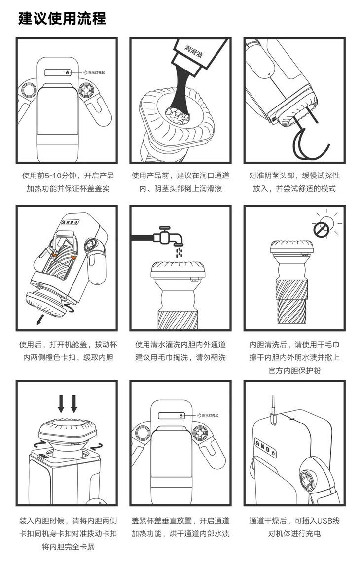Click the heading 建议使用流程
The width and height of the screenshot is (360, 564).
pyautogui.click(x=62, y=18)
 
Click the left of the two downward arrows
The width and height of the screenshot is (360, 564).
pyautogui.click(x=61, y=404)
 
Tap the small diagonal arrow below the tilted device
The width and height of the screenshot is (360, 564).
pyautogui.click(x=41, y=318)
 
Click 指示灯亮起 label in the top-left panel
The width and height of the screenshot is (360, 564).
pyautogui.click(x=97, y=73)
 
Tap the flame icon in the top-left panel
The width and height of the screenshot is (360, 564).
pyautogui.click(x=67, y=72)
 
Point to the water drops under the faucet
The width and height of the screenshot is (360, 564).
pyautogui.click(x=179, y=252)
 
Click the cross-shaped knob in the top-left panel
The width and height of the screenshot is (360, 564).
pyautogui.click(x=87, y=89)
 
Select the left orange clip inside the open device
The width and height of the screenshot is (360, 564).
pyautogui.click(x=53, y=255)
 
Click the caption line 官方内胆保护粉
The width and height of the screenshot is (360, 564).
pyautogui.click(x=294, y=370)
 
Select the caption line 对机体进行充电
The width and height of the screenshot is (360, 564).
pyautogui.click(x=294, y=534)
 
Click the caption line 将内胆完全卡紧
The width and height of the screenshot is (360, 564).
pyautogui.click(x=68, y=547)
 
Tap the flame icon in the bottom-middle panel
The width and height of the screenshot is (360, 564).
pyautogui.click(x=181, y=416)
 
